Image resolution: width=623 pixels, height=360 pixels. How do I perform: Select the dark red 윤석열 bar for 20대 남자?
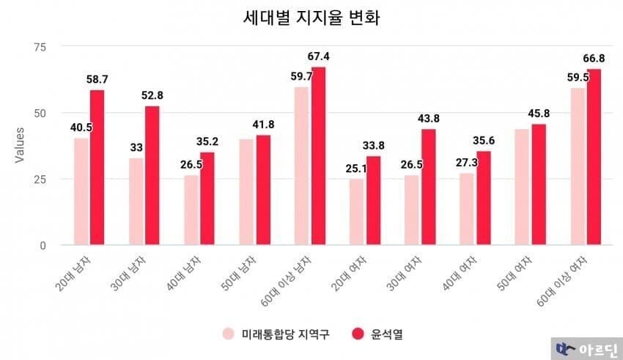[x=97, y=167]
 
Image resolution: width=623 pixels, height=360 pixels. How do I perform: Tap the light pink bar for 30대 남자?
[x=136, y=201]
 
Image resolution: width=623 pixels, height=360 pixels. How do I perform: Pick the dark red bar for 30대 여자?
[x=428, y=187]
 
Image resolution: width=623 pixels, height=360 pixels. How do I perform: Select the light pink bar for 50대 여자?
[x=522, y=187]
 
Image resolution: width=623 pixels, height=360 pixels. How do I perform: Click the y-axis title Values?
[x=20, y=146]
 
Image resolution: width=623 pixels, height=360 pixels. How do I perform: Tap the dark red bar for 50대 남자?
[x=262, y=190]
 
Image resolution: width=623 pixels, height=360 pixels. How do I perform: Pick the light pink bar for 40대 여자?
[x=467, y=209]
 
